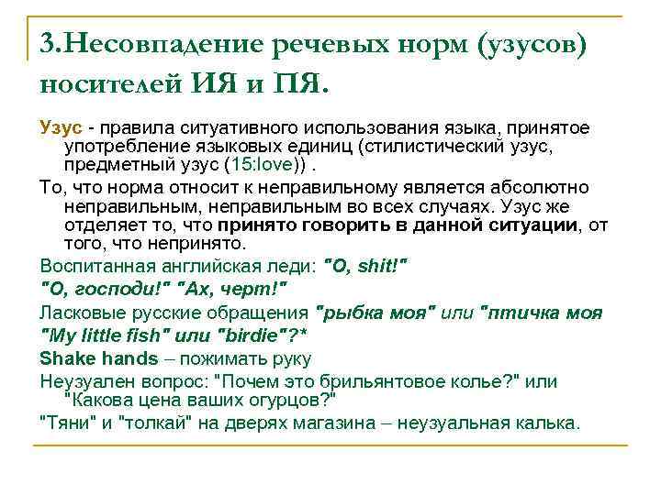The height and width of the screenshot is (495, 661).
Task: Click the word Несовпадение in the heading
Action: pos(172,43)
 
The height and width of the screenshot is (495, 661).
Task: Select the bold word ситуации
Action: pos(530,225)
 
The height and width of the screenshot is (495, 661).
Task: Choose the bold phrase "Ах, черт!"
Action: pos(236,289)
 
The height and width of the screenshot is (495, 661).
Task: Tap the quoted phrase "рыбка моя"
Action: pos(375,312)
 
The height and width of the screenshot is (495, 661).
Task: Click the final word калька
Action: pos(550,423)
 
